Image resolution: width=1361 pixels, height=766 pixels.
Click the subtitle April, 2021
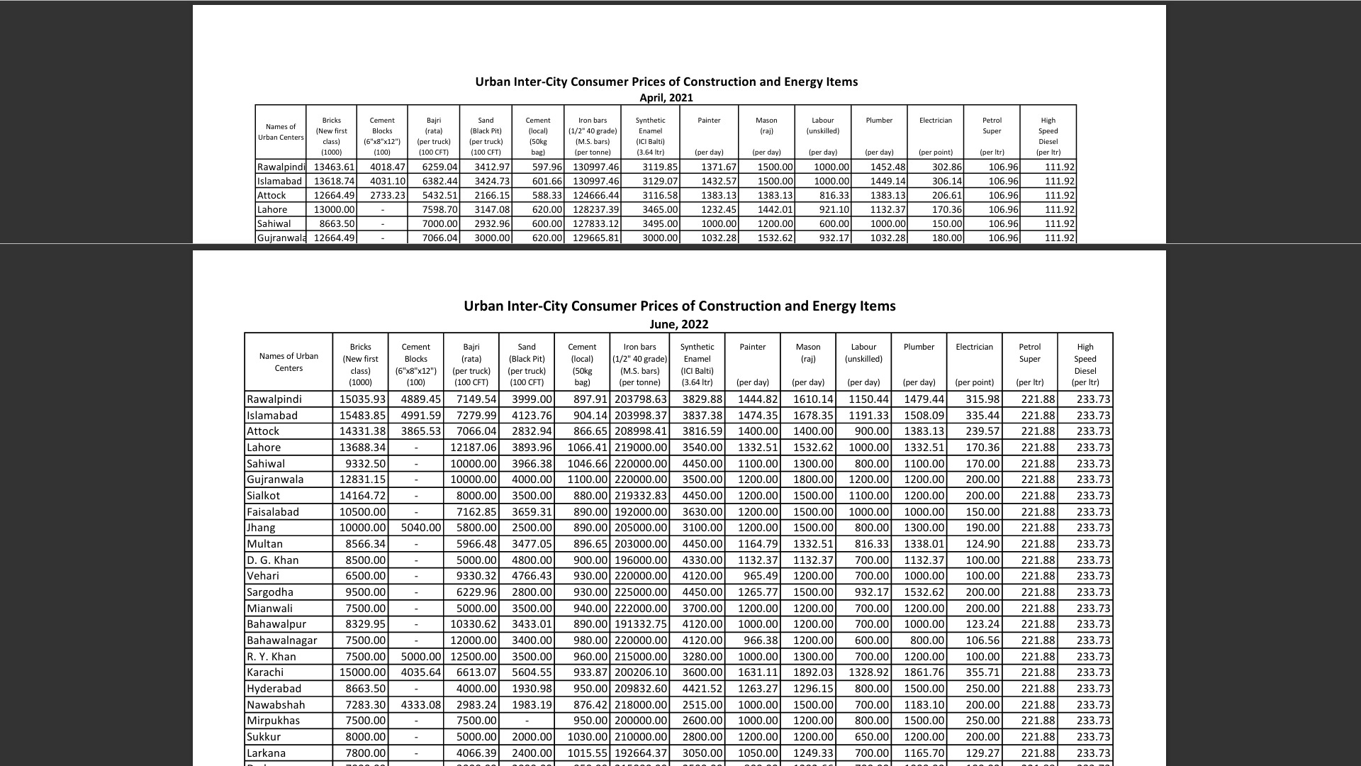pos(666,98)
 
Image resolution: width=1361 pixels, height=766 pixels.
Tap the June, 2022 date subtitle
pos(678,324)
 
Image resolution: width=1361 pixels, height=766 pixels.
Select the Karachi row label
pos(265,672)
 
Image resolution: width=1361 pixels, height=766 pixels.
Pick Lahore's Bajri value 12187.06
pos(473,448)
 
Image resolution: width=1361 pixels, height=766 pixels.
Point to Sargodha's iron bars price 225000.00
pos(640,592)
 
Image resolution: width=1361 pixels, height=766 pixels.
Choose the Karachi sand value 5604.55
pos(528,672)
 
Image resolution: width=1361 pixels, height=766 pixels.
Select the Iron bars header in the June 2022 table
pos(639,364)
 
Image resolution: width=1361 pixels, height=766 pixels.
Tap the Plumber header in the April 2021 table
pos(879,121)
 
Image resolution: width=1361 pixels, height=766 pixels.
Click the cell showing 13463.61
pos(334,167)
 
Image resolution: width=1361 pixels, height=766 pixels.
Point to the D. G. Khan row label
pos(273,560)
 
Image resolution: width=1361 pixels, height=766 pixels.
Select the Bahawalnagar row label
pos(282,640)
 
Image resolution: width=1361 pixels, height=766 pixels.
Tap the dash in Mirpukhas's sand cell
pos(527,721)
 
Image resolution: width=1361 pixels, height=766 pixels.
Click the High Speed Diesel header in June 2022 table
pos(1085,364)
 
